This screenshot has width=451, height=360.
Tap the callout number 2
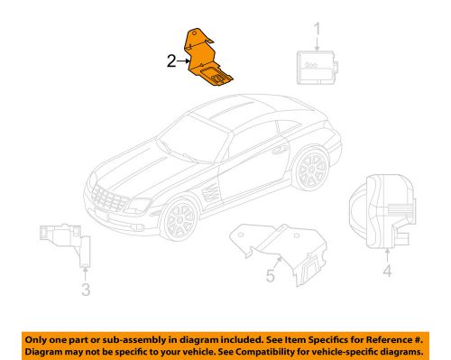click(x=170, y=62)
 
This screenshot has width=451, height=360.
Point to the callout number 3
click(x=85, y=290)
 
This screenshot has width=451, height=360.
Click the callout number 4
click(x=388, y=269)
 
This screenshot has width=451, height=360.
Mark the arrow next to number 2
click(x=183, y=62)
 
